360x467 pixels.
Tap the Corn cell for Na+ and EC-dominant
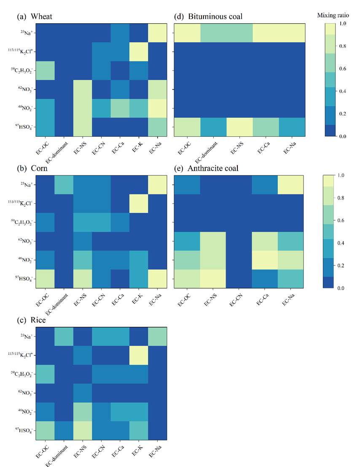(63, 185)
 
